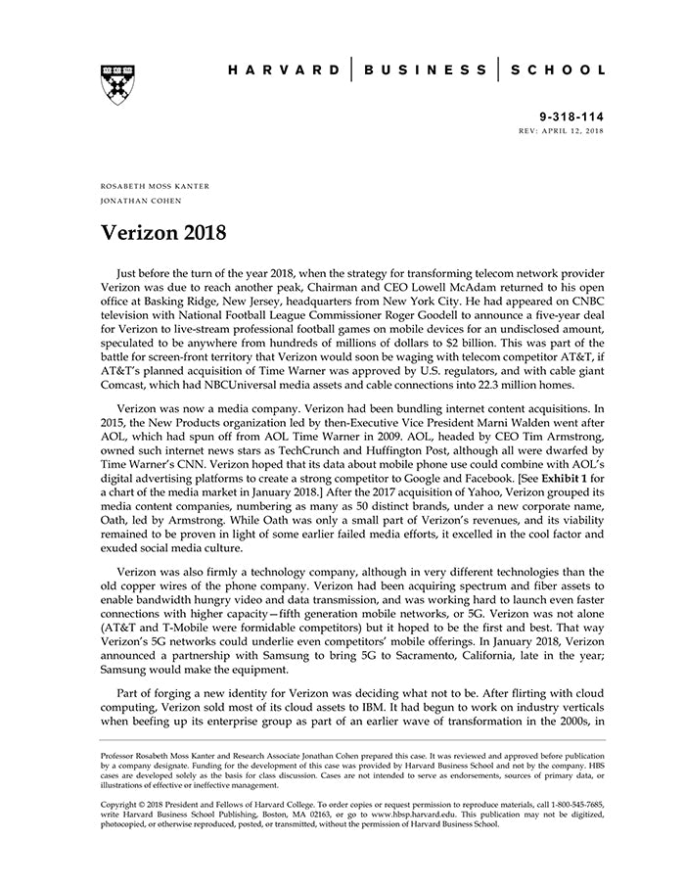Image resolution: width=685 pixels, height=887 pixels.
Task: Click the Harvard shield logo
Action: click(x=116, y=85)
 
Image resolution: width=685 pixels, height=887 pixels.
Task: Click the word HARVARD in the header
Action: click(x=283, y=70)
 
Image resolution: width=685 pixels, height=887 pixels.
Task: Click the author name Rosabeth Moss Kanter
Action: click(x=155, y=184)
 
